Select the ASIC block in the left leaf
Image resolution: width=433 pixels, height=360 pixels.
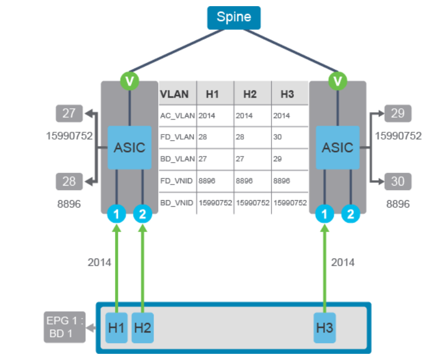tap(130, 148)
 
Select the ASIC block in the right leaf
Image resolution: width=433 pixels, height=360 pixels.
tap(338, 148)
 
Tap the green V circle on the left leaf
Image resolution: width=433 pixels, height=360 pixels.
tap(130, 81)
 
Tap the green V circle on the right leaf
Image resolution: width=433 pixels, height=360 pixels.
tap(338, 81)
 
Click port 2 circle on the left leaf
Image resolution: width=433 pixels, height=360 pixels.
tap(142, 213)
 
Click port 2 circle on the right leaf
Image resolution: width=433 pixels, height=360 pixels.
tap(351, 213)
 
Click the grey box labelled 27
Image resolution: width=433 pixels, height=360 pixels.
tap(69, 113)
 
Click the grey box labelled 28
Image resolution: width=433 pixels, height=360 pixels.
tap(69, 182)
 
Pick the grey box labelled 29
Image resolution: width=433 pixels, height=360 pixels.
tap(398, 113)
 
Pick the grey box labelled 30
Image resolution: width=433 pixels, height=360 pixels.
tap(398, 182)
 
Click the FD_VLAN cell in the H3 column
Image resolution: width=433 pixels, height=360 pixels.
tap(289, 137)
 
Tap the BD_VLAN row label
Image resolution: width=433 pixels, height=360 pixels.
tap(177, 159)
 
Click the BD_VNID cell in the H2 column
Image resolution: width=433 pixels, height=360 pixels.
tap(252, 202)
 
